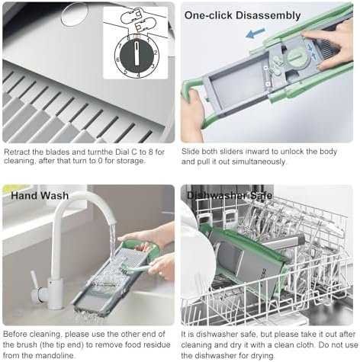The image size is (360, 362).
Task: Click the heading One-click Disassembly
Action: tap(243, 15)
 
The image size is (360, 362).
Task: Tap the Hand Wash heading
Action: tap(40, 196)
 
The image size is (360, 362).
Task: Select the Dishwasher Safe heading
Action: tap(230, 195)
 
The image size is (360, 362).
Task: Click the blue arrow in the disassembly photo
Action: tap(256, 34)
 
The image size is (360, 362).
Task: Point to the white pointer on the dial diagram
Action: tap(137, 54)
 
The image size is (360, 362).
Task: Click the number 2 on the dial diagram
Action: tap(156, 53)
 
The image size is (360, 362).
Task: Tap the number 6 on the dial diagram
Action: tap(117, 59)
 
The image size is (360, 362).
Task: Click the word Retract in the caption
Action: tap(17, 152)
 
